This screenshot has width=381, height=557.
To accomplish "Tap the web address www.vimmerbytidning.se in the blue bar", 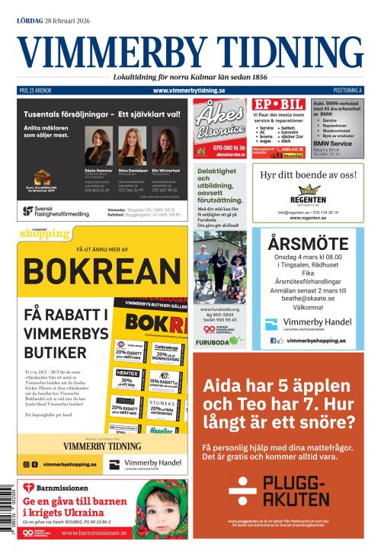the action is coord(189,91).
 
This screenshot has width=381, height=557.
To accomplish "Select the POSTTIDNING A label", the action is coord(347,91).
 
